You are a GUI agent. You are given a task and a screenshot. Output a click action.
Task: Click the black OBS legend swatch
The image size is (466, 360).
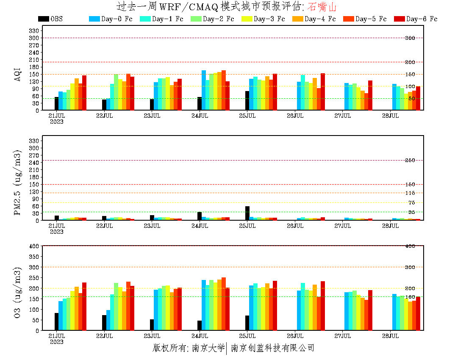[x=43, y=19]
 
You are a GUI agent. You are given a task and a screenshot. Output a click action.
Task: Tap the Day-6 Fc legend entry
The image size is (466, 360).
[x=416, y=19]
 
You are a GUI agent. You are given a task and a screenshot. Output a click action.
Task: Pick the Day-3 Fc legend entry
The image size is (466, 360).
[x=263, y=19]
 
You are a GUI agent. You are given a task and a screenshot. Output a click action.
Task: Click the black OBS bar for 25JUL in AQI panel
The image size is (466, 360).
[x=247, y=100]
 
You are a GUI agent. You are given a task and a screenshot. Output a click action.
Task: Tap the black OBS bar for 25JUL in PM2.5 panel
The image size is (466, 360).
[x=247, y=213]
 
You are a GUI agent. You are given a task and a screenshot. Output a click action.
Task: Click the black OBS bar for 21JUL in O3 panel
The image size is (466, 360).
[x=56, y=322]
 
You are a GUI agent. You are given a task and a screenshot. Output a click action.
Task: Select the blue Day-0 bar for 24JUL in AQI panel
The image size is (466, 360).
[x=204, y=90]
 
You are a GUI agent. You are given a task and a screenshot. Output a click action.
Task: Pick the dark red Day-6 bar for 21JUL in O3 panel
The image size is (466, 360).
[x=84, y=306]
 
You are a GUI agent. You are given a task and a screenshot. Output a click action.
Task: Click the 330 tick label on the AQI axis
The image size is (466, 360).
[x=34, y=30]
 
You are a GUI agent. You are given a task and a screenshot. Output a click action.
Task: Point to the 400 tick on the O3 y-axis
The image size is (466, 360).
[x=34, y=246]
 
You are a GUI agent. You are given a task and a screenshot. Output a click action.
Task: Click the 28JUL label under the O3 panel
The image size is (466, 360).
[x=390, y=336]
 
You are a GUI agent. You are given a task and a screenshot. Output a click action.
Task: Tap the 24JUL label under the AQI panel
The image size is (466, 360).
[x=200, y=116]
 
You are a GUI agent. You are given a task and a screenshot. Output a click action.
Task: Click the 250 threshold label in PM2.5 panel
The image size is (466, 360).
[x=410, y=160]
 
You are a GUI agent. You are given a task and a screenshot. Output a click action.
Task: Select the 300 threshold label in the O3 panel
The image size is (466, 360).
[x=410, y=267]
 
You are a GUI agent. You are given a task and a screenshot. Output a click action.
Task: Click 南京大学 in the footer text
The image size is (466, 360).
[x=208, y=348]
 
